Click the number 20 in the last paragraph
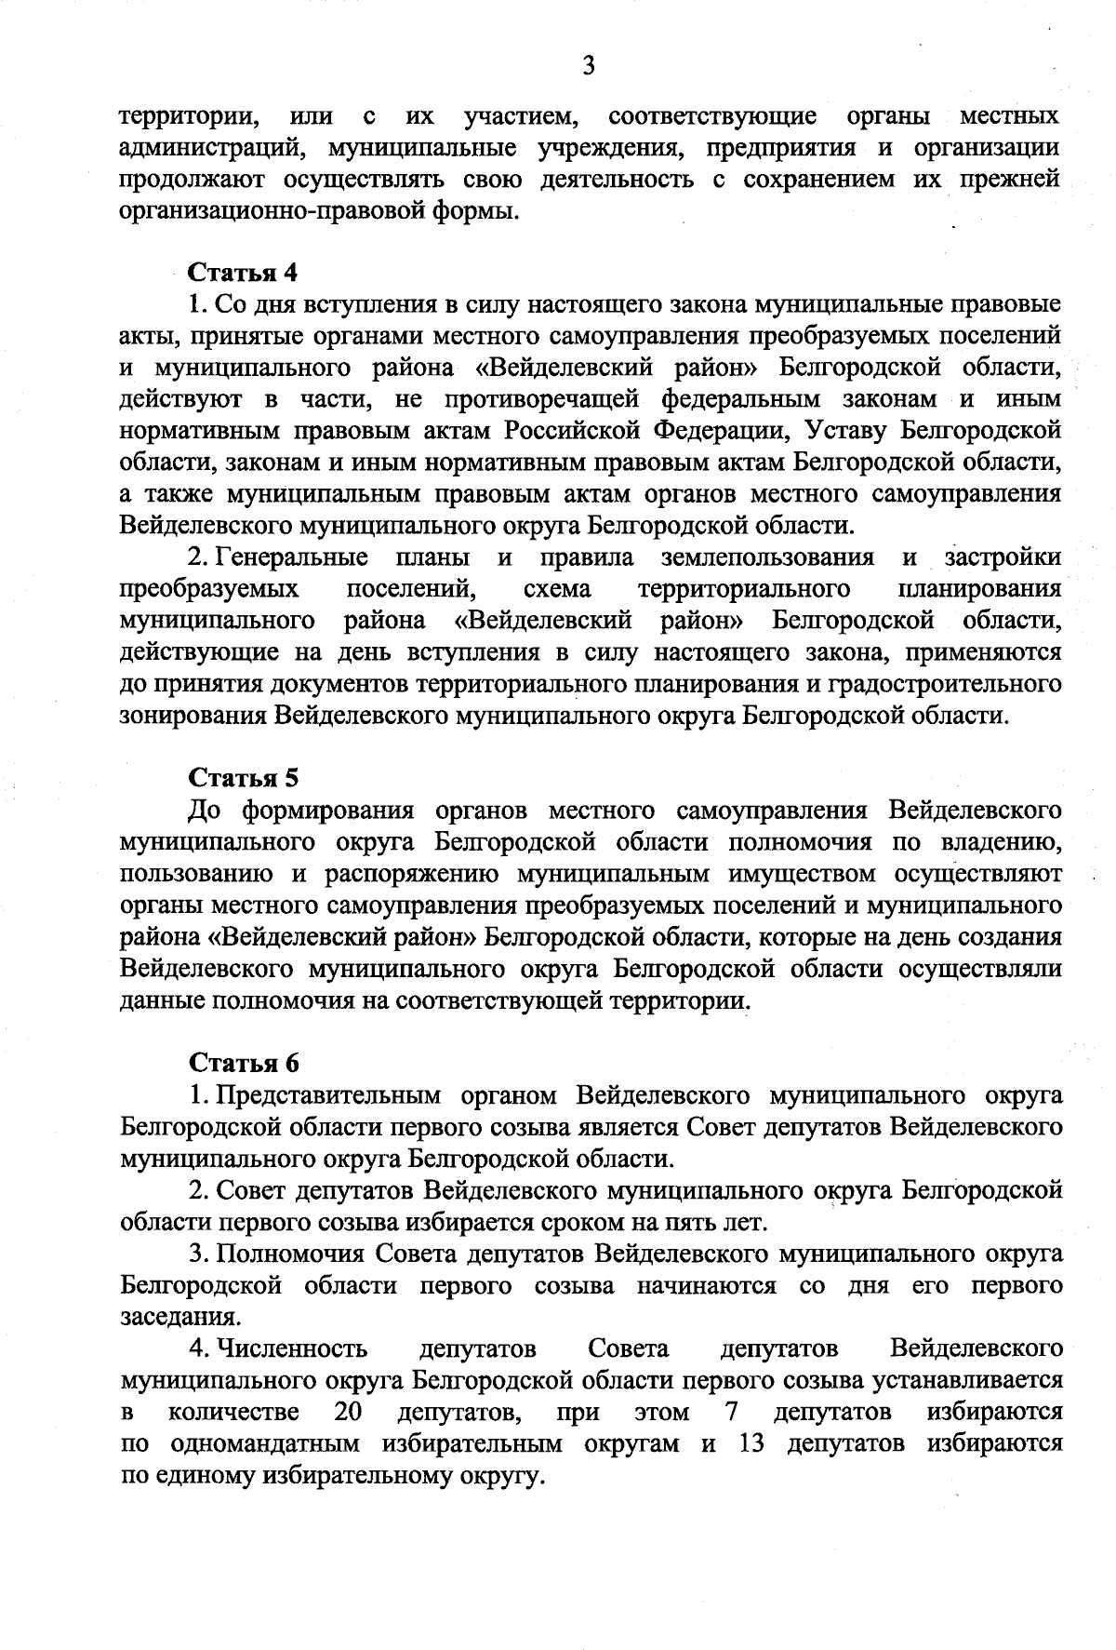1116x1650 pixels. (348, 1413)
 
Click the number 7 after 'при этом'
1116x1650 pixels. (731, 1413)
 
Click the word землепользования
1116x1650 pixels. (767, 557)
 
